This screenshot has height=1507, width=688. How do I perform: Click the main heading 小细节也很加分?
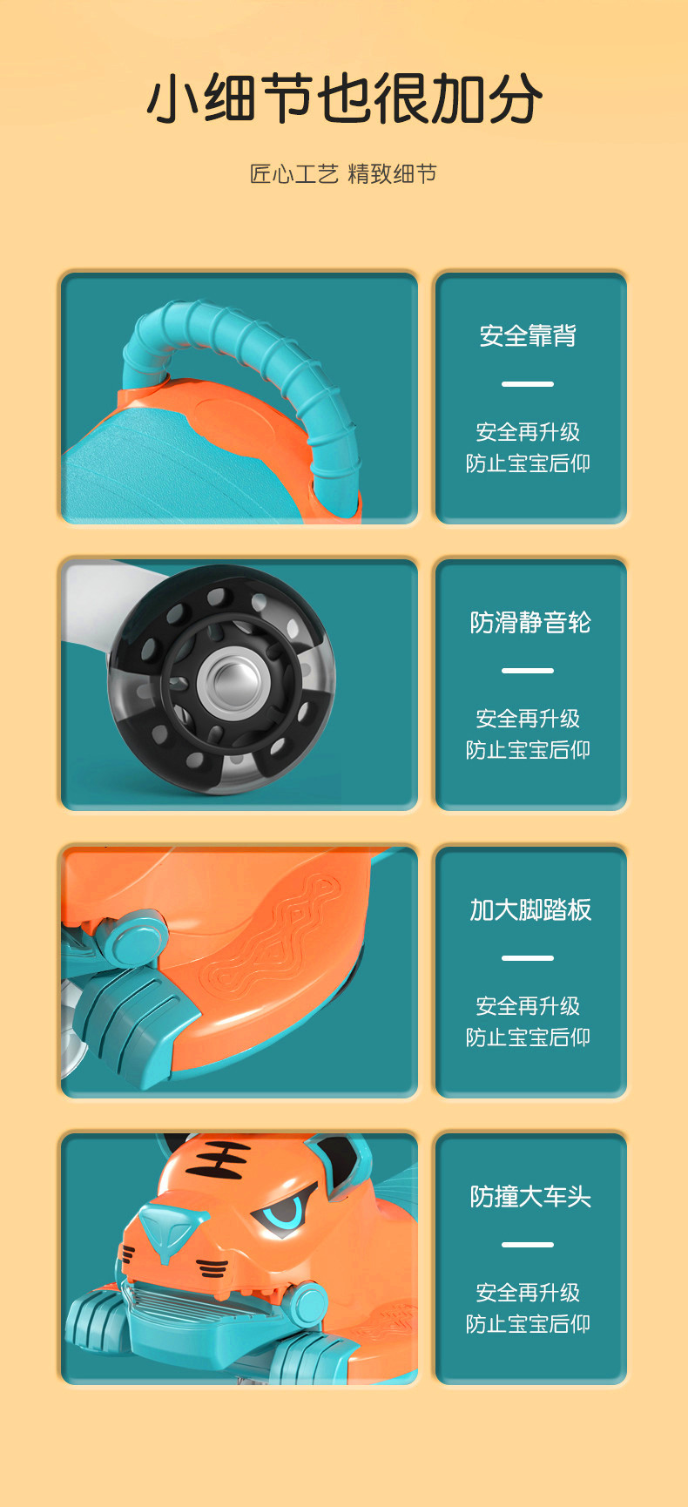click(x=344, y=98)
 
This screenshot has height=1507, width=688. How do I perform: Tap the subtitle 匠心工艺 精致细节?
click(x=344, y=174)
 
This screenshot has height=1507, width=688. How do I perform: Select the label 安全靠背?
click(x=528, y=335)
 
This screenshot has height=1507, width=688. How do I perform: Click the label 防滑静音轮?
click(x=530, y=622)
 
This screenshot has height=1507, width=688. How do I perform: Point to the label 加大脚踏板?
click(x=530, y=909)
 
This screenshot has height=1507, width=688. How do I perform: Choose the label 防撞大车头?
click(x=530, y=1196)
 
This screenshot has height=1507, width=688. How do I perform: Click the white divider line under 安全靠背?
click(x=528, y=384)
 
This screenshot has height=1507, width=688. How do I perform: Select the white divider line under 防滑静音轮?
click(x=528, y=671)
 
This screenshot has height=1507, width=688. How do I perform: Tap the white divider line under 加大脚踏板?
click(x=528, y=958)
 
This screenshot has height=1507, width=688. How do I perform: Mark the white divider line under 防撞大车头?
click(x=528, y=1245)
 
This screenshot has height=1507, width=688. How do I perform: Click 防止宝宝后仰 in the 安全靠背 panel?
click(x=528, y=463)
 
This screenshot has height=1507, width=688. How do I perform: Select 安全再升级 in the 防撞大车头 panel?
click(x=528, y=1293)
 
